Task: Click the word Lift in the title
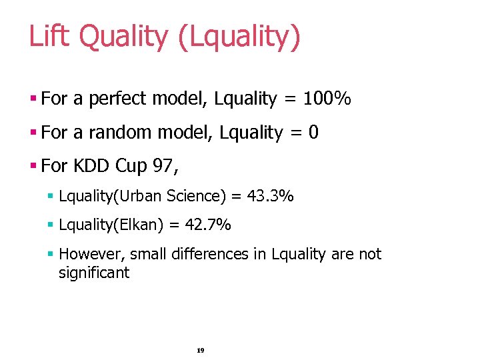click(x=49, y=36)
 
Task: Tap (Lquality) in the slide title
click(x=239, y=37)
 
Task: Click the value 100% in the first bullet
click(x=327, y=99)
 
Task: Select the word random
click(x=119, y=133)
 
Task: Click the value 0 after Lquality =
click(x=313, y=133)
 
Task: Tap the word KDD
click(x=91, y=165)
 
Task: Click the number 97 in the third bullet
click(x=164, y=165)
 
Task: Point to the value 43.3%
click(x=270, y=197)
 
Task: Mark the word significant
click(x=94, y=273)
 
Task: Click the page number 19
click(x=201, y=350)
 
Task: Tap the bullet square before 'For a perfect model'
click(x=33, y=99)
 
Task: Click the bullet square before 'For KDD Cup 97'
click(x=33, y=165)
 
